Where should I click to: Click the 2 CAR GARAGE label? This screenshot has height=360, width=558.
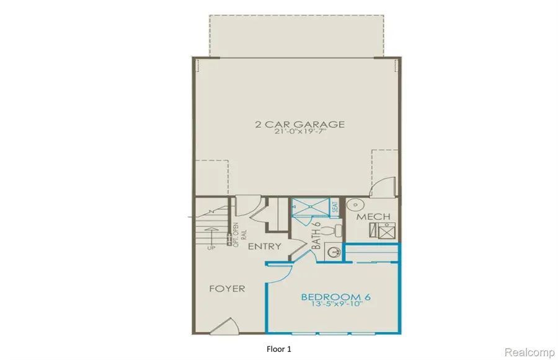tap(299, 125)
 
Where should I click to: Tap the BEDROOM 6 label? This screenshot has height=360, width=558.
tap(336, 297)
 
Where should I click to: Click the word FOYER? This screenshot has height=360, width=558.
tap(226, 289)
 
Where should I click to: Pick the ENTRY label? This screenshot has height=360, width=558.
tap(265, 247)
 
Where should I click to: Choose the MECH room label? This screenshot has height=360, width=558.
tap(374, 217)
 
